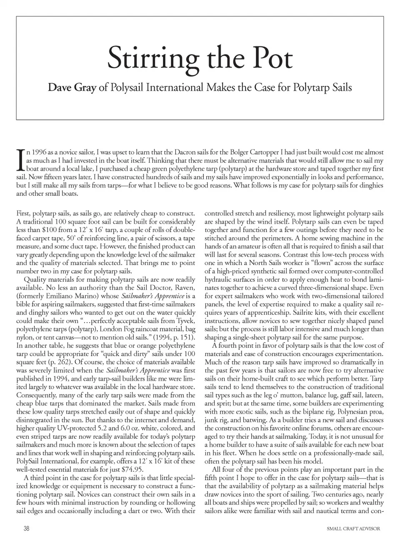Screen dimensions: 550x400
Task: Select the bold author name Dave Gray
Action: pyautogui.click(x=72, y=88)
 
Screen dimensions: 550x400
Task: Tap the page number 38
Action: pyautogui.click(x=27, y=529)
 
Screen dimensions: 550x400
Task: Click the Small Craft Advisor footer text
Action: pyautogui.click(x=354, y=529)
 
